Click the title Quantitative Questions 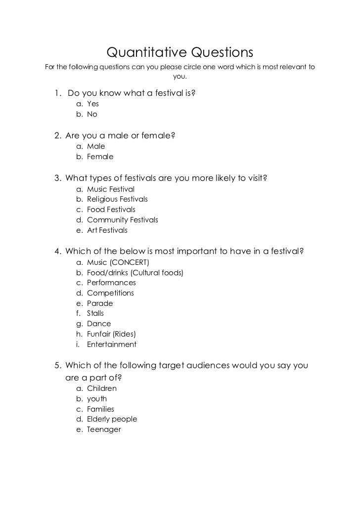pos(180,52)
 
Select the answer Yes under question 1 pos(93,104)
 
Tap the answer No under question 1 pos(92,114)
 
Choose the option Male pos(96,146)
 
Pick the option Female pos(100,157)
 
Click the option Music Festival pos(111,189)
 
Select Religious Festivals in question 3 pos(117,199)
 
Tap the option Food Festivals pos(111,210)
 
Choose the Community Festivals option pos(123,220)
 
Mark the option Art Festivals pos(107,230)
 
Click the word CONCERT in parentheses pos(131,262)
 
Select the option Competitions pos(110,293)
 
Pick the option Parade pos(100,303)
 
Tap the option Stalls pos(95,313)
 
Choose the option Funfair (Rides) pos(111,334)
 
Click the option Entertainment pos(111,344)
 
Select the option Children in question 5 pos(102,388)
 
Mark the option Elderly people pos(112,419)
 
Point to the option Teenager pos(104,429)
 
